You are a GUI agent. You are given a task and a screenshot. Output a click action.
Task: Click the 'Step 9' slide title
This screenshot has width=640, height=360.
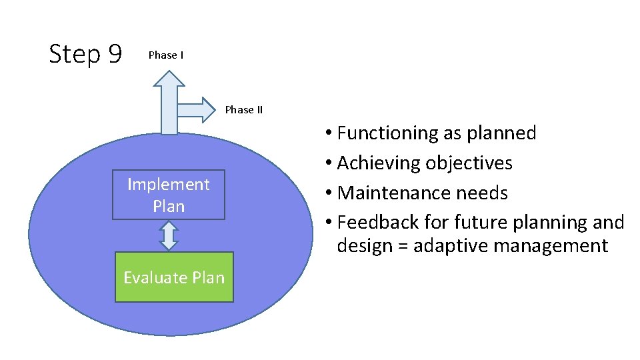(85, 55)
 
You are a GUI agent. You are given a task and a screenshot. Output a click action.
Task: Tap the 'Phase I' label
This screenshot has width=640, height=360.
(166, 55)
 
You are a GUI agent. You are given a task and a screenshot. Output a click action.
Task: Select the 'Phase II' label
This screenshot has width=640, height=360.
(243, 110)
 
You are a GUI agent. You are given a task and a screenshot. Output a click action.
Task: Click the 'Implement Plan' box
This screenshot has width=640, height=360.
(169, 195)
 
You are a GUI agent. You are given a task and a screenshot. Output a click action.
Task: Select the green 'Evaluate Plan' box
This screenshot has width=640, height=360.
(174, 277)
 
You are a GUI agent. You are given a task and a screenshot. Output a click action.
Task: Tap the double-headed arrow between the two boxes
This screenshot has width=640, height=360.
(169, 235)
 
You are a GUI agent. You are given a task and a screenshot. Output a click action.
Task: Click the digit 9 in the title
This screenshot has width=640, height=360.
(114, 55)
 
